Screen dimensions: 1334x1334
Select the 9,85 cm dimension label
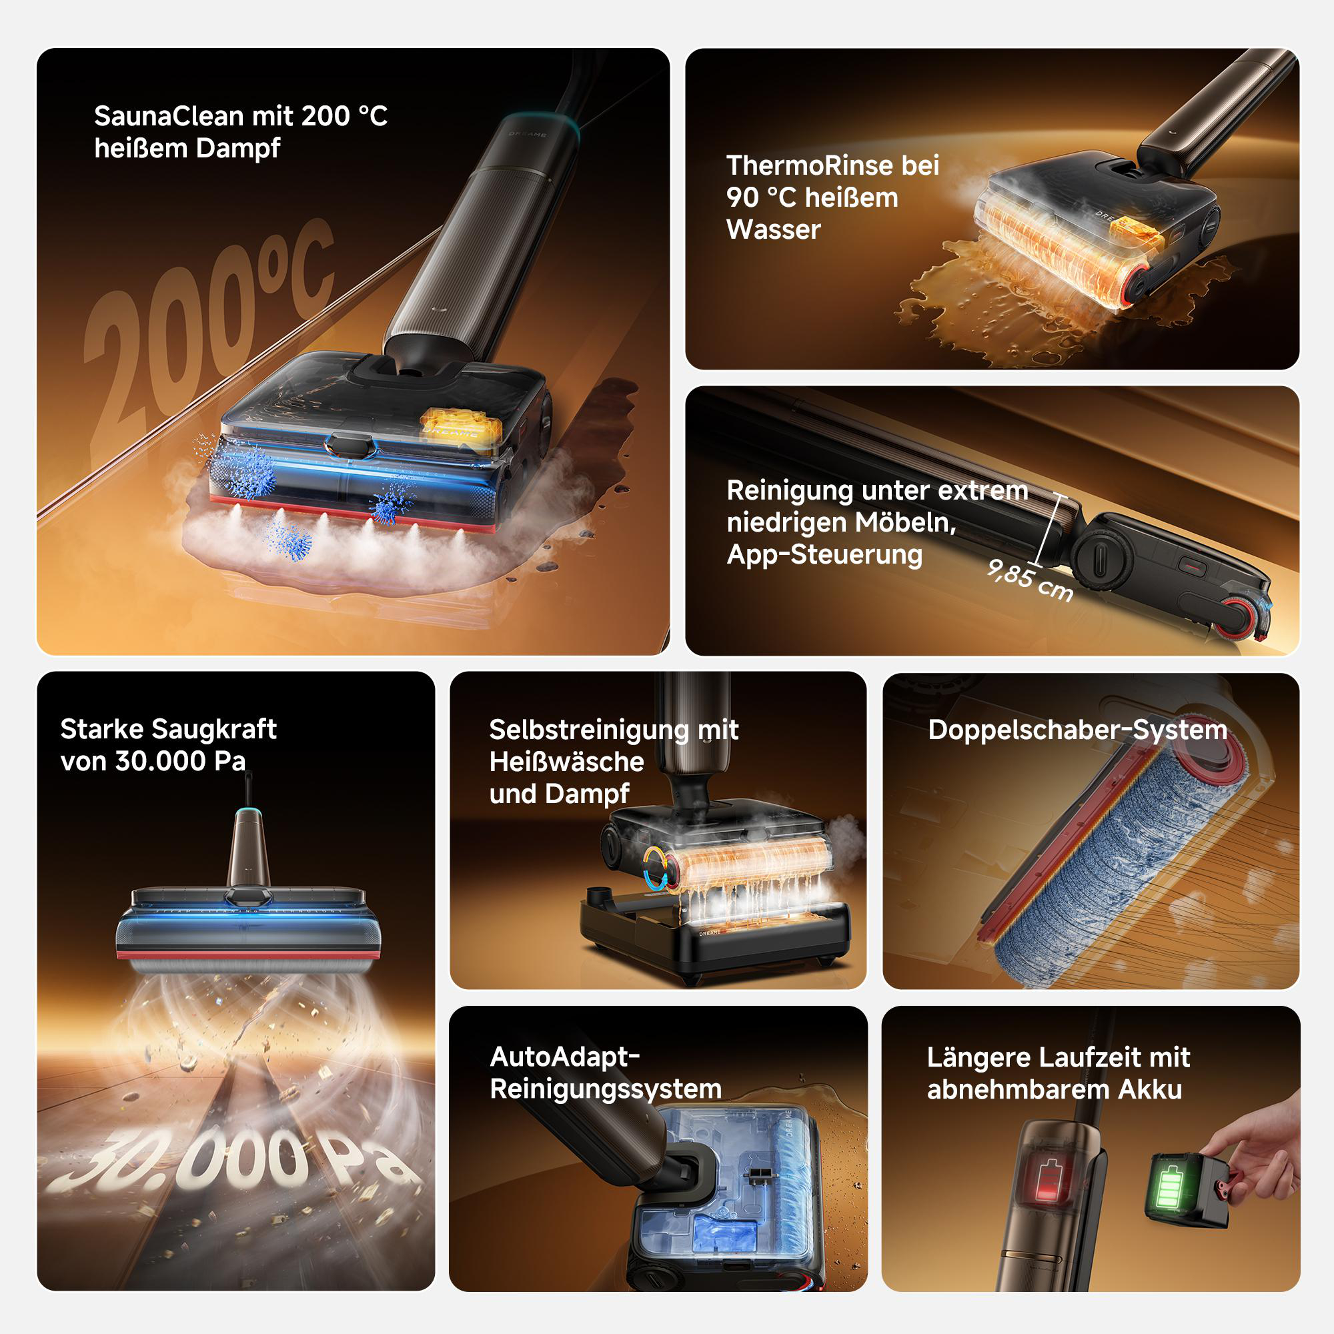1029,580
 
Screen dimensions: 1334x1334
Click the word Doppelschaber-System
1077,730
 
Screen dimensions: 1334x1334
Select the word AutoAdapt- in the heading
565,1057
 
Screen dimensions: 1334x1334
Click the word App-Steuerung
824,554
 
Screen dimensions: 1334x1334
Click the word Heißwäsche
566,762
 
